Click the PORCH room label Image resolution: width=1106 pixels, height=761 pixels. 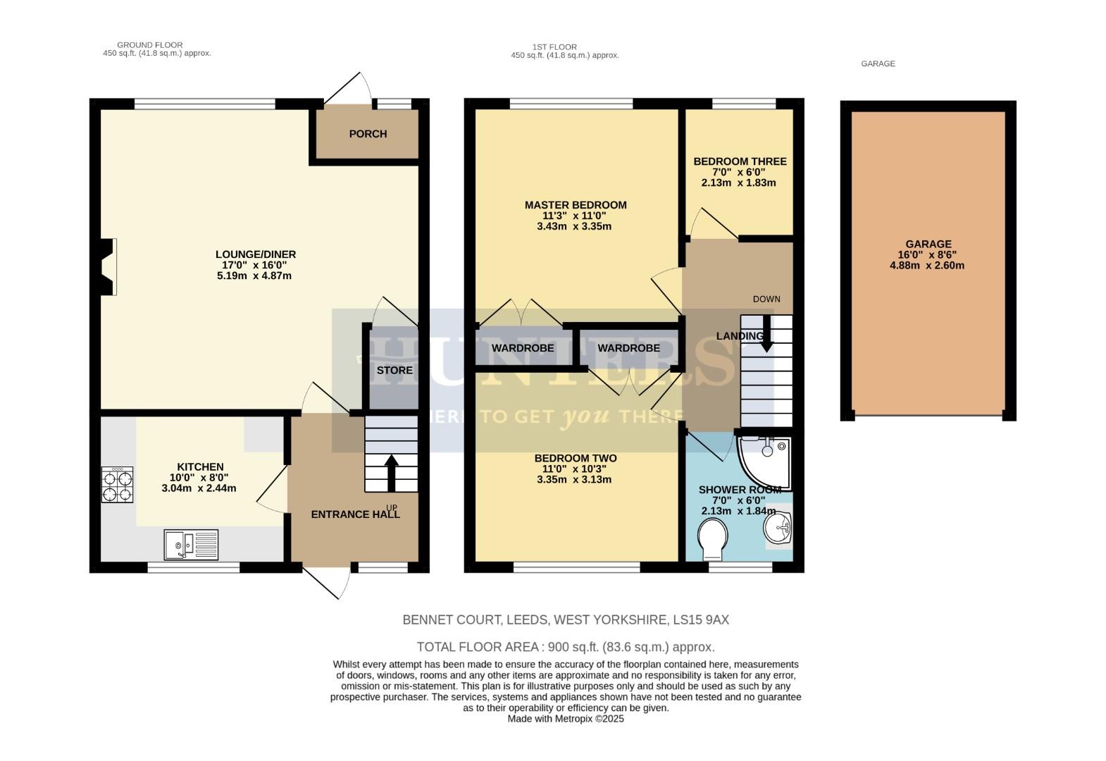(x=368, y=134)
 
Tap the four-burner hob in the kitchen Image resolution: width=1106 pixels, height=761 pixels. (x=118, y=485)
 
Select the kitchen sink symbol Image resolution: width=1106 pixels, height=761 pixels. (x=191, y=545)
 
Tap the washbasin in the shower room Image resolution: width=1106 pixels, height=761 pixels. (x=778, y=528)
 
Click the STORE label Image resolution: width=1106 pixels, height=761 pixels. (x=394, y=370)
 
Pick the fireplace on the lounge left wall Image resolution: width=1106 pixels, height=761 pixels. (x=107, y=267)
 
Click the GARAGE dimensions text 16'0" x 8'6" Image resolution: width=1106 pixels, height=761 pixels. (x=927, y=255)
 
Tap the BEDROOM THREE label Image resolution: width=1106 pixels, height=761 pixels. (x=740, y=161)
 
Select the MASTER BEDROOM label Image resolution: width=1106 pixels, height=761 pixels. (x=575, y=205)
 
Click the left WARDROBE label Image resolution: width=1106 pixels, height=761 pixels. (x=523, y=348)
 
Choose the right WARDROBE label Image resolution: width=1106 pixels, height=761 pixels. (x=628, y=348)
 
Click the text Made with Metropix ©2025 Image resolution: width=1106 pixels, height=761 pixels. (x=566, y=719)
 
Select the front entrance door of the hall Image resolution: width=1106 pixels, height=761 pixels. (x=327, y=581)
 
